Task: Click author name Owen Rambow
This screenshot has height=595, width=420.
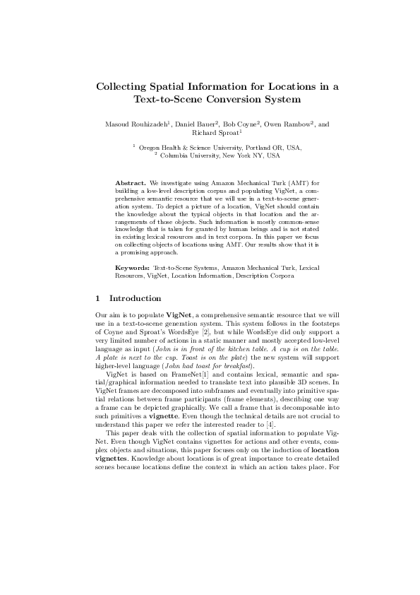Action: click(287, 124)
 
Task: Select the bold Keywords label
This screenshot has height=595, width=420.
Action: click(132, 269)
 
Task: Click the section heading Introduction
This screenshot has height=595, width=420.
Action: click(136, 298)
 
